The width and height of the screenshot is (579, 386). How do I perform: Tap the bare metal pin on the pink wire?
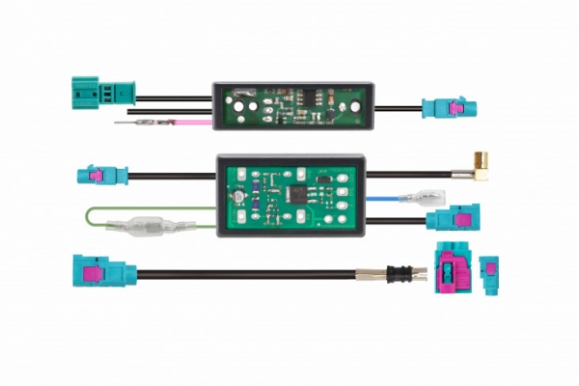pyautogui.click(x=130, y=124)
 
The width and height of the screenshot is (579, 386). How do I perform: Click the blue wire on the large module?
pyautogui.click(x=391, y=200)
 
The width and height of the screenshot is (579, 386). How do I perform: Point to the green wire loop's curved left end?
pyautogui.click(x=89, y=218)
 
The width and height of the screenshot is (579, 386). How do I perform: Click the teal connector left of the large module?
pyautogui.click(x=99, y=177)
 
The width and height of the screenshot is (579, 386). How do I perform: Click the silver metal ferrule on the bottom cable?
pyautogui.click(x=371, y=273)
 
